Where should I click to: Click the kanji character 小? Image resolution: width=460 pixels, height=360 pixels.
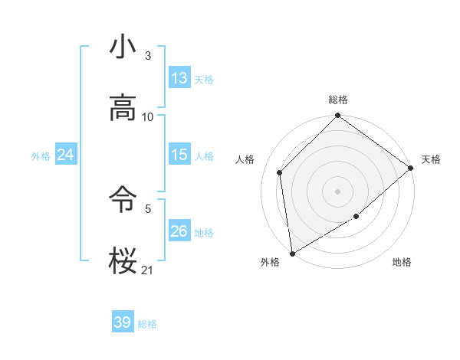[x=123, y=47]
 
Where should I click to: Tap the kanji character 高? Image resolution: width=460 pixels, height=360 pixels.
[x=123, y=108]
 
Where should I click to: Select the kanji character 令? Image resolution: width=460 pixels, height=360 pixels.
[x=123, y=200]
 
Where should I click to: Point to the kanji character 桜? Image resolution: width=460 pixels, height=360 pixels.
[x=123, y=261]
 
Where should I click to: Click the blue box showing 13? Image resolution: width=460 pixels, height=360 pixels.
[x=179, y=78]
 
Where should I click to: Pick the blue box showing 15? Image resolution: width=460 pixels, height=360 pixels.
[x=179, y=155]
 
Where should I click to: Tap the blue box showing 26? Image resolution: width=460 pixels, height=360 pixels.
[x=179, y=231]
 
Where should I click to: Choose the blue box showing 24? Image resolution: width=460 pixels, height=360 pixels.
[x=66, y=155]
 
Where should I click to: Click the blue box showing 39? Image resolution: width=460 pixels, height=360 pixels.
[x=123, y=322]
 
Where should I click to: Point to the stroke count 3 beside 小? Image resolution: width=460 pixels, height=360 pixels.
[x=148, y=56]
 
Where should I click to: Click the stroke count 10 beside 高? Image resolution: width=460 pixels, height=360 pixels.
[x=148, y=117]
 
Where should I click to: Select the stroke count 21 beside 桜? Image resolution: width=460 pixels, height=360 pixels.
[x=148, y=270]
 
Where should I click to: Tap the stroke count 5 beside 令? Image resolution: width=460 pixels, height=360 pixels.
[x=148, y=208]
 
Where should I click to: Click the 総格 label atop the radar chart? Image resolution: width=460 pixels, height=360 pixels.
[x=338, y=100]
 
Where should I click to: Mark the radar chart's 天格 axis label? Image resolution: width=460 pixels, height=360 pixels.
[x=431, y=159]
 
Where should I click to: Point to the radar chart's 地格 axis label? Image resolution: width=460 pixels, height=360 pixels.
[x=402, y=262]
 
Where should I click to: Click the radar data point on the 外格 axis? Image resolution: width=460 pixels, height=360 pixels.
[x=292, y=254]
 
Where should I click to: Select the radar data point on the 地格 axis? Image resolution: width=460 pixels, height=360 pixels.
[x=356, y=217]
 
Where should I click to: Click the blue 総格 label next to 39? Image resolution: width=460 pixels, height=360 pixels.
[x=147, y=324]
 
